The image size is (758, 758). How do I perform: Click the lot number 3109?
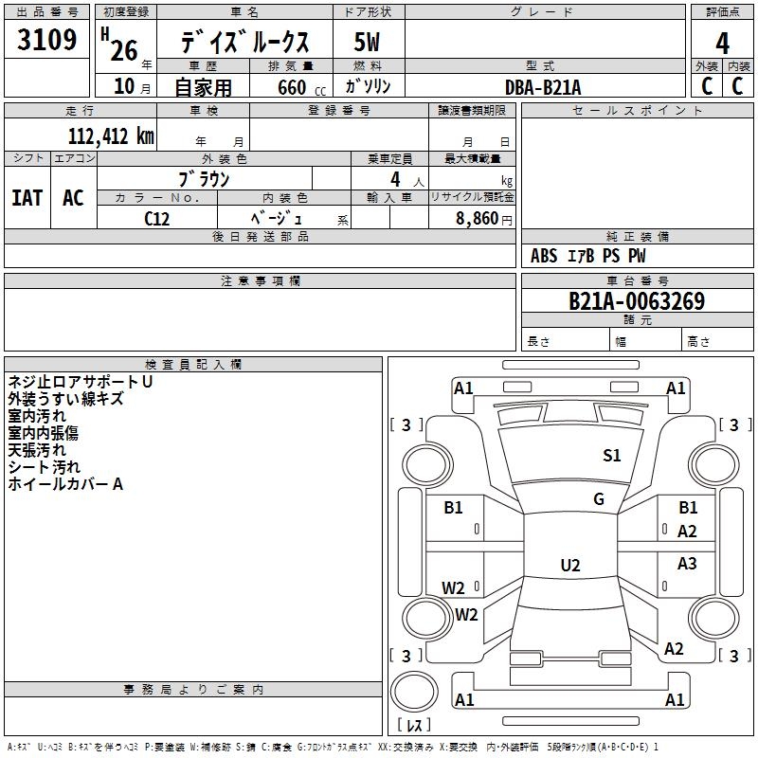point(46,40)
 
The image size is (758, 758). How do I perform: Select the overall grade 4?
point(722,44)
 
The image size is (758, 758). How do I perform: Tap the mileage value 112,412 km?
point(111,136)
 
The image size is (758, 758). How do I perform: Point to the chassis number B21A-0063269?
point(637,301)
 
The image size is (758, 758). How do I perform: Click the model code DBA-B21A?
point(543,87)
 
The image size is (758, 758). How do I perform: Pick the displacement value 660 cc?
point(301,88)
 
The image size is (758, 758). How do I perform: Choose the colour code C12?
point(156,219)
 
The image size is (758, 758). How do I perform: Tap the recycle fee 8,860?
point(478,219)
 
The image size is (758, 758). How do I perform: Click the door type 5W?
point(367,42)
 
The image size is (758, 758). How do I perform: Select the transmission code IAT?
point(27,198)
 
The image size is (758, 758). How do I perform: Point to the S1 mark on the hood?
point(611,456)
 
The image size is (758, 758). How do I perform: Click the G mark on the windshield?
point(599,499)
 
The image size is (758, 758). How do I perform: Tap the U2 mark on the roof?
point(570,565)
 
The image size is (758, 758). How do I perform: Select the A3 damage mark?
point(687,563)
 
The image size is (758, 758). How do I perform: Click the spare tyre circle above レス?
point(414,692)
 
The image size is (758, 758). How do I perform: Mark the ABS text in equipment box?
point(544,256)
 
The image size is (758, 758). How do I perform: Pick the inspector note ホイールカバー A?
point(65,484)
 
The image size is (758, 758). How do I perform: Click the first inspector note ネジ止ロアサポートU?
point(81,382)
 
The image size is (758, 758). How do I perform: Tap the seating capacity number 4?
point(395,179)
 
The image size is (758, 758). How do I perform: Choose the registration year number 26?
point(124,50)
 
